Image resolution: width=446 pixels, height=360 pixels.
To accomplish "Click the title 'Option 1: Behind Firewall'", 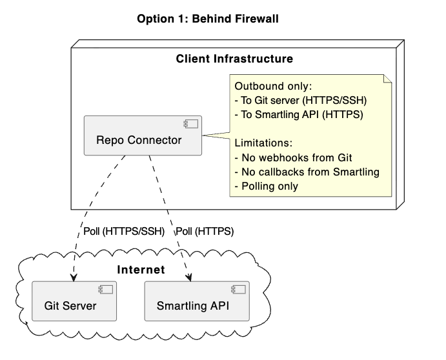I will [x=207, y=19].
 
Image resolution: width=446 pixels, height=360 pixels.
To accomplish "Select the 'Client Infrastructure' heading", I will [x=234, y=59].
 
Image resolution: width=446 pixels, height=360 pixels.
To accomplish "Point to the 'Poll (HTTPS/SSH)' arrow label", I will [x=125, y=231].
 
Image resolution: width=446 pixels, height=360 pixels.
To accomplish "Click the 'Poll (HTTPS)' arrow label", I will [x=205, y=231].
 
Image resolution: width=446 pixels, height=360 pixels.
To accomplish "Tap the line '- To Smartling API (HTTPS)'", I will [x=299, y=115].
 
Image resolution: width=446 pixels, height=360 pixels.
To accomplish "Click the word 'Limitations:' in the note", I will [x=263, y=143].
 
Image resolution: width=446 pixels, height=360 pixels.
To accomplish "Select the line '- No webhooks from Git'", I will [x=292, y=157].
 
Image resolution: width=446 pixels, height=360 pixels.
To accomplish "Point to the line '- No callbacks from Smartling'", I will [x=306, y=172].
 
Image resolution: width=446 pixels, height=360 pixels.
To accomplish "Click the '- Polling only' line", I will [x=269, y=186].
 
